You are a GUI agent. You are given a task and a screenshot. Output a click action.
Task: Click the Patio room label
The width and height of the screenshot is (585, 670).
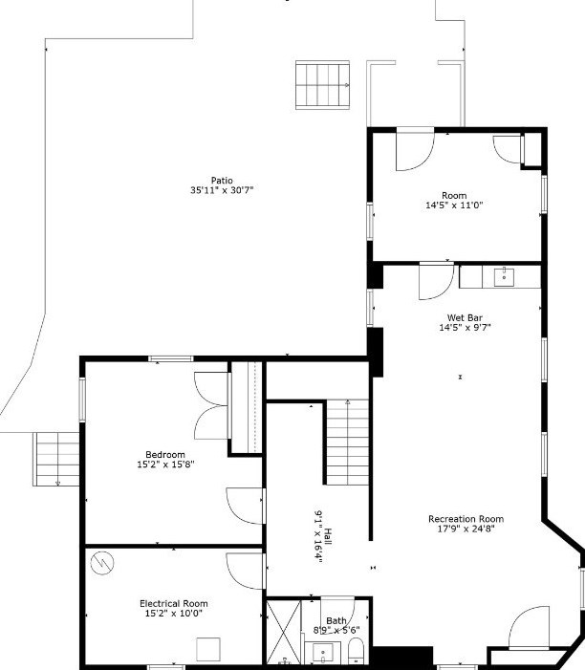tap(222, 180)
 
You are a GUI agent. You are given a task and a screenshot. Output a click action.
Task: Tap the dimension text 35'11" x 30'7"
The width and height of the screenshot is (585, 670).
tap(222, 190)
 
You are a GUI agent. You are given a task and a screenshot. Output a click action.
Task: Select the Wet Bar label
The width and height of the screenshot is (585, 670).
tap(465, 317)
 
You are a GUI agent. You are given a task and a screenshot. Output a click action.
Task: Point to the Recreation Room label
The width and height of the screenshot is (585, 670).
tap(466, 519)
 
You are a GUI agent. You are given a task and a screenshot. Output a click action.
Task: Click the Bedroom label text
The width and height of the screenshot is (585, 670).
tap(165, 454)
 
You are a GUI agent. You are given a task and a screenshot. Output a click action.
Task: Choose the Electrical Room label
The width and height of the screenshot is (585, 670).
tap(173, 603)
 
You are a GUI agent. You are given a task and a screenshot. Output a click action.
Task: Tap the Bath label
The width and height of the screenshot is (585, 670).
tap(336, 620)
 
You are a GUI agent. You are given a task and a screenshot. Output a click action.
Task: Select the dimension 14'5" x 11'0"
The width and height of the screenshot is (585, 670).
tap(454, 205)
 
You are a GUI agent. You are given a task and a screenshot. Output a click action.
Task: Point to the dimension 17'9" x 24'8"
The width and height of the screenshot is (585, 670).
tap(466, 529)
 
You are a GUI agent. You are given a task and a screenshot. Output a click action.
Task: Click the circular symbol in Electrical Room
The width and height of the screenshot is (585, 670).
tap(100, 564)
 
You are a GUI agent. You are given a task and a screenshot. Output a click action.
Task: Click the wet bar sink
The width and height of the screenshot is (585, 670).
tap(503, 277)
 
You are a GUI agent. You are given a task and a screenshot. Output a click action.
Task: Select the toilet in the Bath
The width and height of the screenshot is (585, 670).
tap(356, 653)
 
